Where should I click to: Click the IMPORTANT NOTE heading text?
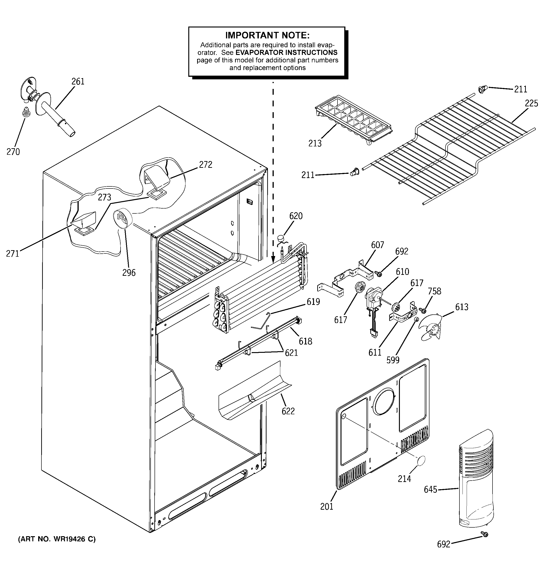(x=267, y=35)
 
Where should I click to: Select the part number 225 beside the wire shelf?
(x=531, y=103)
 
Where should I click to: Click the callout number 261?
(x=78, y=81)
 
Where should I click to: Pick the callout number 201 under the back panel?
(x=327, y=506)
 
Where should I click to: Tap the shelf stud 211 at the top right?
(x=482, y=90)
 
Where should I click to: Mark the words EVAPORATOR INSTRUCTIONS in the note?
(x=286, y=52)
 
